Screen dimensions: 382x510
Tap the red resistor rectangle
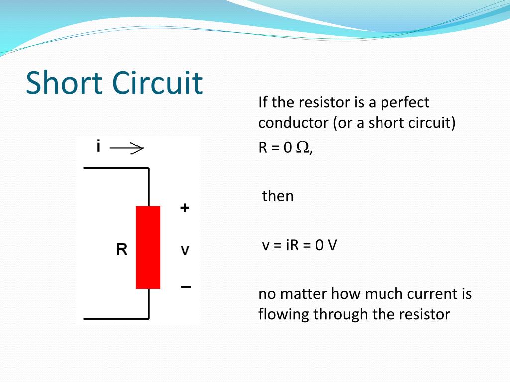[x=148, y=247]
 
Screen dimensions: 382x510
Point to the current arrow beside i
[x=127, y=148]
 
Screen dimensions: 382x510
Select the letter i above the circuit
[x=99, y=146]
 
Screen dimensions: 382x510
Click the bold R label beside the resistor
[x=122, y=249]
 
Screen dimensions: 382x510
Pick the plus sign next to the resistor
[x=185, y=208]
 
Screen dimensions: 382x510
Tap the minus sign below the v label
[x=186, y=287]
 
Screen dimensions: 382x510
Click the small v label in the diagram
[x=185, y=250]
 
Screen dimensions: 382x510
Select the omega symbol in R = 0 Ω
[x=302, y=148]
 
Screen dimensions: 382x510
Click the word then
[x=278, y=196]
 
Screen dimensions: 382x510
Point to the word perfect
[x=405, y=103]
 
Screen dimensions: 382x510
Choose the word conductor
[x=293, y=123]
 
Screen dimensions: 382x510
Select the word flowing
[x=282, y=314]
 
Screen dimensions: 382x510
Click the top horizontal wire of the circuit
[x=116, y=168]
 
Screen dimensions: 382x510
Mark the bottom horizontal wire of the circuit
[x=116, y=318]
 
